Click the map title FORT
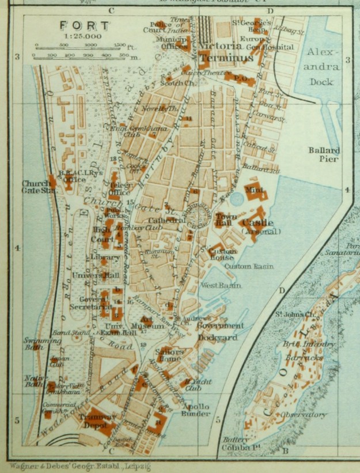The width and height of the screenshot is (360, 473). (x=84, y=26)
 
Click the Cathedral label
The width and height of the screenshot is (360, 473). (x=166, y=220)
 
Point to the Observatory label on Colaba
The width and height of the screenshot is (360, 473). (x=304, y=415)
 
